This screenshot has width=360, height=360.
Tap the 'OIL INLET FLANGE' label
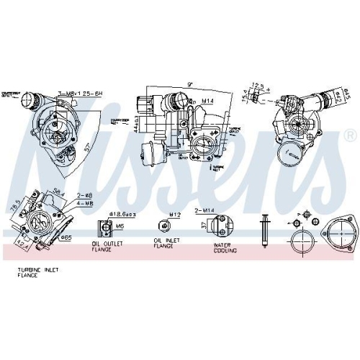164,246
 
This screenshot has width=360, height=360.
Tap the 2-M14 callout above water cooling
204,210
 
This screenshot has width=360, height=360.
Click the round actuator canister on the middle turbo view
153,153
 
